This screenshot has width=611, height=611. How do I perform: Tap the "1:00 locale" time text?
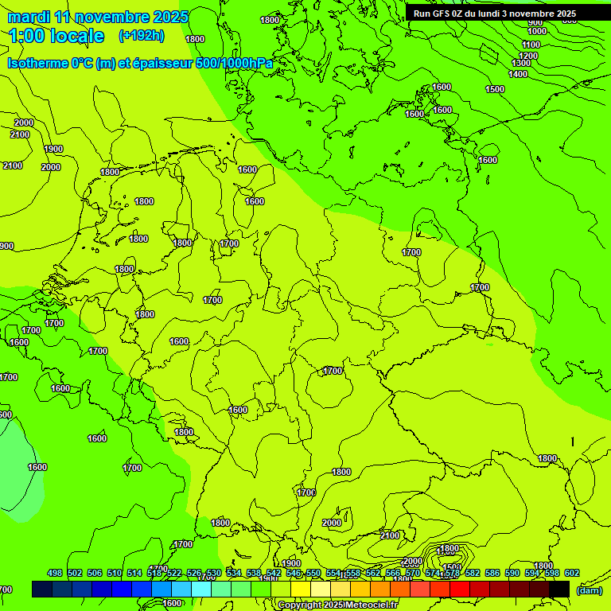56,36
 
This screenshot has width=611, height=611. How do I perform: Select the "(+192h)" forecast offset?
141,35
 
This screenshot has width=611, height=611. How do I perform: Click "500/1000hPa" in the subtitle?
234,63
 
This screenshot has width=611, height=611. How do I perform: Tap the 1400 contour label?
518,74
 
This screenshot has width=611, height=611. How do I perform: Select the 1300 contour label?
521,63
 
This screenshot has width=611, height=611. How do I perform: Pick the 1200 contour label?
528,55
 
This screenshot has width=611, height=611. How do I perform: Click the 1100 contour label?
531,45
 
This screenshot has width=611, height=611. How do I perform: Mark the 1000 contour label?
536,31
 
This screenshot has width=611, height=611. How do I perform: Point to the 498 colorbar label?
55,573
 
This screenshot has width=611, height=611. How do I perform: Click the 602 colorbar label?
572,573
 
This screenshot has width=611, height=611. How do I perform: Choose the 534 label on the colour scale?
234,573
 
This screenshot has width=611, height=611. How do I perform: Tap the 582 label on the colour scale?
473,573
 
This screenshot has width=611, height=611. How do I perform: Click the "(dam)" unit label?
589,590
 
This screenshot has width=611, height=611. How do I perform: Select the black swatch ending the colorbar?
559,589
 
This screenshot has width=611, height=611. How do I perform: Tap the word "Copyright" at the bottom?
299,605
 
